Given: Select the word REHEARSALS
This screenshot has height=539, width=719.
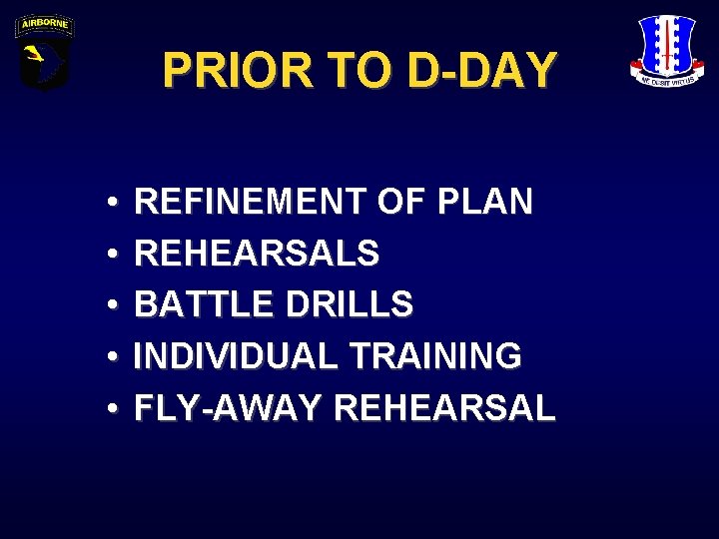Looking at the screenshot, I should pos(257,254).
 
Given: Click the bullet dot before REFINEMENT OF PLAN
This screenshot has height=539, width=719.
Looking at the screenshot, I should pos(106,204).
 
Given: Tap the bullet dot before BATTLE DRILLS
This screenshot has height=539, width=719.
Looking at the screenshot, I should pos(106,305).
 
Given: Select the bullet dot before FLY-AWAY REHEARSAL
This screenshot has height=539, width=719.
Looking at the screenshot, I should pos(106,408).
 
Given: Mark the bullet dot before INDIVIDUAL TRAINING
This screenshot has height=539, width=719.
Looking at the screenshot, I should pos(106,356).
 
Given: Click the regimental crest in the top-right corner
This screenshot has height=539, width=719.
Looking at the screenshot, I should pos(667,50).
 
